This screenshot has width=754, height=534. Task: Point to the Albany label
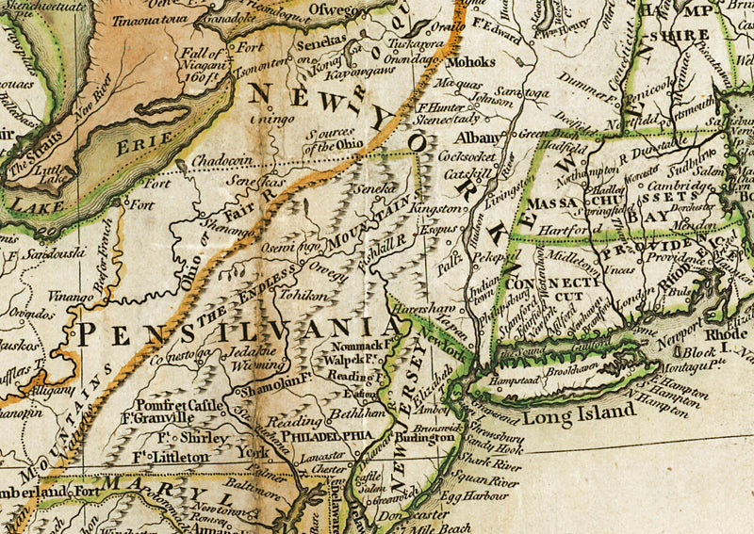(484, 138)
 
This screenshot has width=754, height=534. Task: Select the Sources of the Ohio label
(337, 139)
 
